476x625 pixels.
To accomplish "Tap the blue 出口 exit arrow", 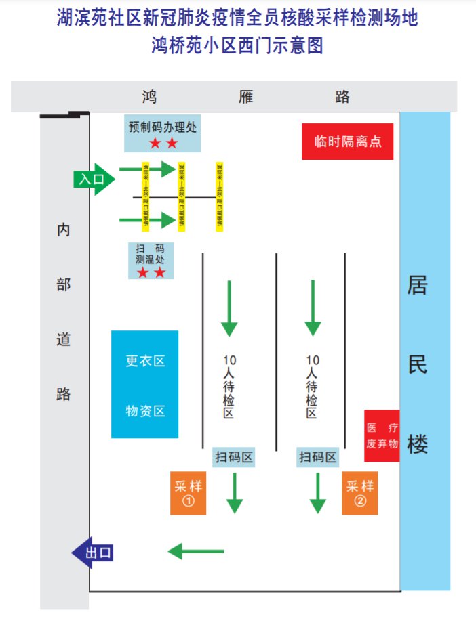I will point(94,553).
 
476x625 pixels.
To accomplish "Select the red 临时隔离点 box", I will point(347,142).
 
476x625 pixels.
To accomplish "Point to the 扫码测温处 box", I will point(151,261).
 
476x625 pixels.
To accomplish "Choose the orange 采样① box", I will point(189,494).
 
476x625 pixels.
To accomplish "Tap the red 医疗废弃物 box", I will point(381,436).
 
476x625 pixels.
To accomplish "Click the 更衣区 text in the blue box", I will point(145,361).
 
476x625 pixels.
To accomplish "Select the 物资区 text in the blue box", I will point(145,410).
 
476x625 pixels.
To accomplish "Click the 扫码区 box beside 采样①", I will point(234,458).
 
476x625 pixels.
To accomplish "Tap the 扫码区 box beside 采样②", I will point(318,458).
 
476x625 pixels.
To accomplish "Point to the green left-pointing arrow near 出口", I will point(195,551).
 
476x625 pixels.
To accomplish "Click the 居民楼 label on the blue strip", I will point(418,366).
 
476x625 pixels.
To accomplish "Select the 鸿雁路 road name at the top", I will point(245,96).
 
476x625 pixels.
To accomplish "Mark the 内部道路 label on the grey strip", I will point(64,311).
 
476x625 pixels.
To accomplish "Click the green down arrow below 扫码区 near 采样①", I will point(235,493).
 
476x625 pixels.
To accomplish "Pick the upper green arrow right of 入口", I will point(148,169).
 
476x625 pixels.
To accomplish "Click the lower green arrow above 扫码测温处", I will point(148,219).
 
